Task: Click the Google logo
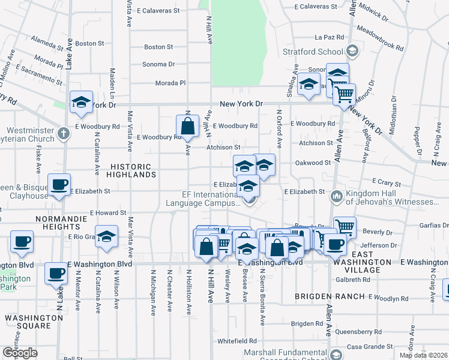click(x=20, y=353)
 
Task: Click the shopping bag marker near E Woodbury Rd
click(x=187, y=126)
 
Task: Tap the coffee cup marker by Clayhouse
click(x=59, y=185)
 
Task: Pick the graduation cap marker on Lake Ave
click(x=81, y=102)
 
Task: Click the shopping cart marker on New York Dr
click(x=344, y=94)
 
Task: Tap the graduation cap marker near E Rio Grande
click(x=107, y=237)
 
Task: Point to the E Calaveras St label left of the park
click(x=158, y=10)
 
